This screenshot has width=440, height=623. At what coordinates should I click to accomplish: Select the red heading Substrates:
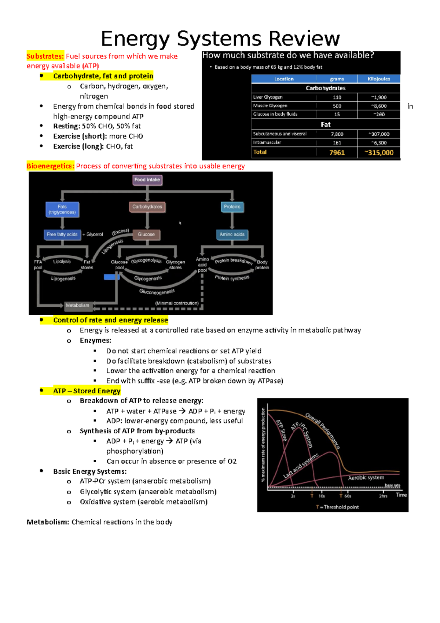coord(45,56)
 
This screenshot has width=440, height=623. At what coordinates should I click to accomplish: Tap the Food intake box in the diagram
coord(147,180)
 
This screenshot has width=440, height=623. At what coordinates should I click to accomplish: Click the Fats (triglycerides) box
coord(62,210)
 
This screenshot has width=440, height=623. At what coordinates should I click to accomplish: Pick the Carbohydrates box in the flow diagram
coord(147,207)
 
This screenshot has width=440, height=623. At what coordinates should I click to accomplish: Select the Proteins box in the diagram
coord(232,207)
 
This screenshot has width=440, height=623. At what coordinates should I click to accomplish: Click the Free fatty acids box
coord(62,234)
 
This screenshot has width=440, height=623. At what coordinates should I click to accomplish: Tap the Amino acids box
coord(232,234)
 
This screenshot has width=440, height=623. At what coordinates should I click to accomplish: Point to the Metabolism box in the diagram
coord(77,305)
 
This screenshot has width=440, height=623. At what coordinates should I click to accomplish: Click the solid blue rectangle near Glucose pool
coord(111,277)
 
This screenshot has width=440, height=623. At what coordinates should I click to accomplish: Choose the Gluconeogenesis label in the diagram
coord(157,292)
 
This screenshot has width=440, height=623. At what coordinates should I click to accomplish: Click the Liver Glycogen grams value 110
coord(337,97)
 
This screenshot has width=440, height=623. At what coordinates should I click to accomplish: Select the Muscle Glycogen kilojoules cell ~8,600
coord(379,106)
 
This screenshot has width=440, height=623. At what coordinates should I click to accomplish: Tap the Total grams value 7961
coord(337,153)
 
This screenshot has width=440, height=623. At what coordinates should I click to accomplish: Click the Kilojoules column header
coord(379,79)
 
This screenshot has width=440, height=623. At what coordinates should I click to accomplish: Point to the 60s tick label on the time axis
coord(348,496)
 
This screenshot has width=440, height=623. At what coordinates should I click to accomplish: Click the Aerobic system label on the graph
coord(366,478)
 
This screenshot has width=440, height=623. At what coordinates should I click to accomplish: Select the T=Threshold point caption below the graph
coord(337,507)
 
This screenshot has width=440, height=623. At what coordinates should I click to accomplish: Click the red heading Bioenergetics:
coord(50,166)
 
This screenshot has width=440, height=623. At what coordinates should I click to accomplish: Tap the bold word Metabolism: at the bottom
coord(48,522)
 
